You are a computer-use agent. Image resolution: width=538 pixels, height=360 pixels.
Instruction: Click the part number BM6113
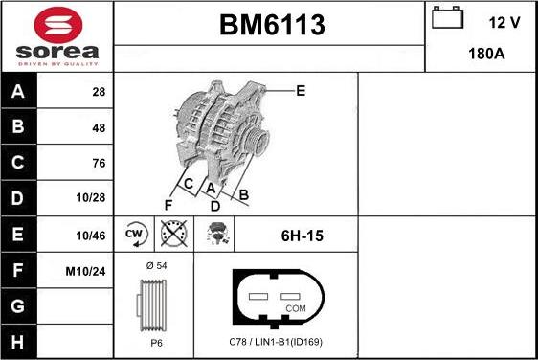click(x=268, y=23)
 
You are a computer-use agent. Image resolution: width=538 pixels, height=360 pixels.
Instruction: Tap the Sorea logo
click(x=56, y=35)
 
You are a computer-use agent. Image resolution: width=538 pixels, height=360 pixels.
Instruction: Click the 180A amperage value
click(x=486, y=54)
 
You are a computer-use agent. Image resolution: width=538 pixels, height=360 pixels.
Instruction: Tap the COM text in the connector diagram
click(x=296, y=308)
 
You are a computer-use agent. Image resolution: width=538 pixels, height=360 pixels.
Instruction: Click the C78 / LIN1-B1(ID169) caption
click(x=276, y=342)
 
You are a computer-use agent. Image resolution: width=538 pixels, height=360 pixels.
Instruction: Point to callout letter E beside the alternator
click(x=300, y=91)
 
